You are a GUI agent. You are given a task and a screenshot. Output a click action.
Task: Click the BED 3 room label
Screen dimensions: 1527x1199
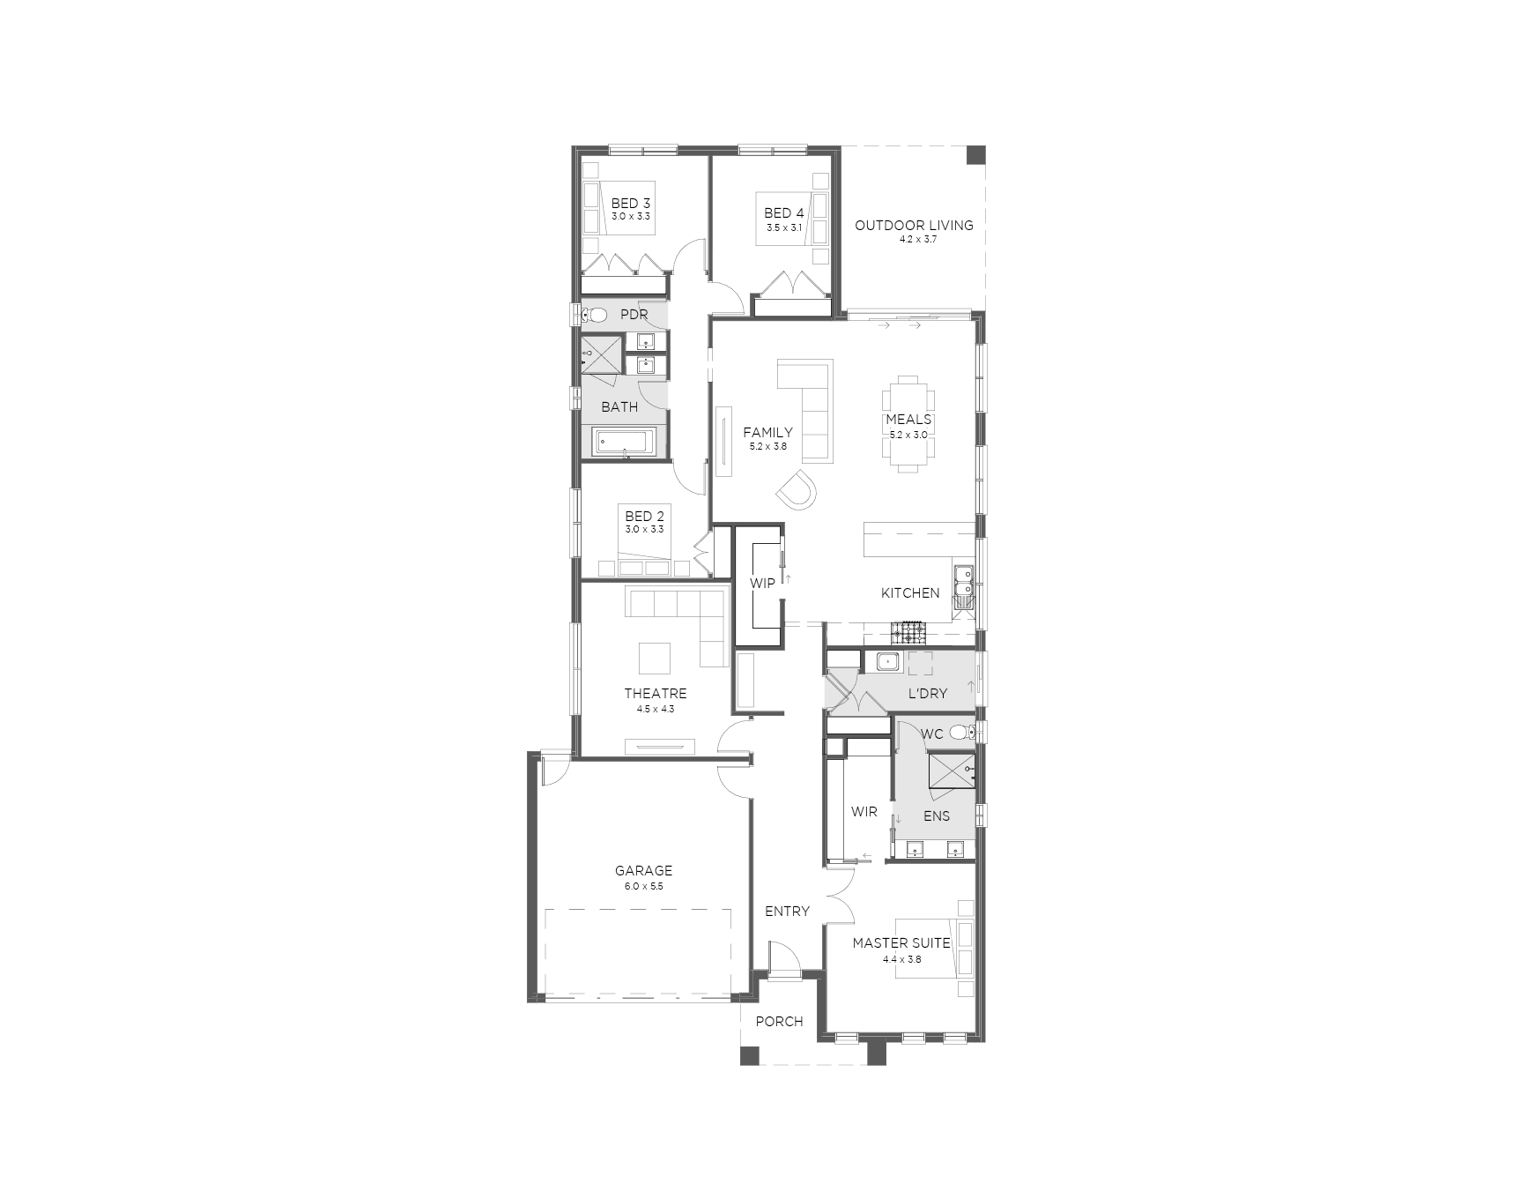[630, 204]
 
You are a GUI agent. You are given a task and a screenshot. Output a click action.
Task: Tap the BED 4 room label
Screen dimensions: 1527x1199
[783, 213]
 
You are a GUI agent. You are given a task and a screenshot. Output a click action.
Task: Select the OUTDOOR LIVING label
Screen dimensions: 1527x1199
[914, 226]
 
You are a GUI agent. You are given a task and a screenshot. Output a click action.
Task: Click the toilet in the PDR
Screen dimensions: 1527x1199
[595, 314]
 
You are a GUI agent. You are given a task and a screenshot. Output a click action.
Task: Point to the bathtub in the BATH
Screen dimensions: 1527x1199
[623, 442]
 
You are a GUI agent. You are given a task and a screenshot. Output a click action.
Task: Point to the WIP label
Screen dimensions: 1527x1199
[762, 584]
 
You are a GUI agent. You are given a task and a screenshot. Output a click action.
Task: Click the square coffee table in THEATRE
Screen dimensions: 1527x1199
[654, 658]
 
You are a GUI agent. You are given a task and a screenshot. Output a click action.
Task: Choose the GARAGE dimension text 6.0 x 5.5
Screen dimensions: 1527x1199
[643, 886]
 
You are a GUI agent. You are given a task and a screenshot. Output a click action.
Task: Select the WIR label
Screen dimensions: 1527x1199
[864, 812]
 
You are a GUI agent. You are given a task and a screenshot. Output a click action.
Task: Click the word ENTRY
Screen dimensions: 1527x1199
[787, 912]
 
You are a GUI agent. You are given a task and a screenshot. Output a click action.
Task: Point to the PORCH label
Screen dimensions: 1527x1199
[779, 1022]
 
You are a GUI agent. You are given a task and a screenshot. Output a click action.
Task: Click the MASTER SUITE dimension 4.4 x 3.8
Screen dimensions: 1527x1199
[901, 959]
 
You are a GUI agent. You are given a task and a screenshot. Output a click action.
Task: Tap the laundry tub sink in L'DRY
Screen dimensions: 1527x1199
[886, 661]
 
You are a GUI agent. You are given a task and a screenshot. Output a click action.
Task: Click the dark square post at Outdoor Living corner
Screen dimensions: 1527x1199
[975, 155]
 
